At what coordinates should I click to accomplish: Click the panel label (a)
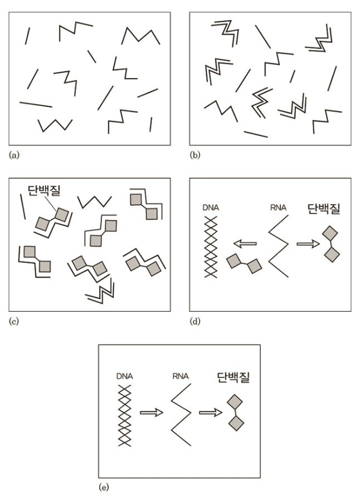(x=14, y=155)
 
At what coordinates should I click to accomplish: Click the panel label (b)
(x=195, y=155)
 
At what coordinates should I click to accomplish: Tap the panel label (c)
(x=14, y=321)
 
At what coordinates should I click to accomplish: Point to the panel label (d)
(x=195, y=321)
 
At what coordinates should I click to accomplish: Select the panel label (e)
(x=104, y=487)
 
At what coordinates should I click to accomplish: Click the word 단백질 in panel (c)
(x=44, y=191)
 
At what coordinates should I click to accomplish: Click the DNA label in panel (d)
(x=211, y=208)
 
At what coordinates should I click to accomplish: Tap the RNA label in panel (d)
(x=278, y=208)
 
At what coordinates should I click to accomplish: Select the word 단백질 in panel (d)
(x=324, y=209)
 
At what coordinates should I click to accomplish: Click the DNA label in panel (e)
(x=125, y=376)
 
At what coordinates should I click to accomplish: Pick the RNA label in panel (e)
(x=181, y=376)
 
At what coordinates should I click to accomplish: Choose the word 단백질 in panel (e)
(x=233, y=377)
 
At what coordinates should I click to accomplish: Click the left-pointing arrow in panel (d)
(x=245, y=244)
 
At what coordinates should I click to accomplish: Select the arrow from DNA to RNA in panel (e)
(x=152, y=412)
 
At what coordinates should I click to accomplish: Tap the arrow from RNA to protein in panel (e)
(x=211, y=412)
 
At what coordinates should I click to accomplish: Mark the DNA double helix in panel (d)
(x=211, y=247)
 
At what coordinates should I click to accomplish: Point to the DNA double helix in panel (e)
(x=125, y=415)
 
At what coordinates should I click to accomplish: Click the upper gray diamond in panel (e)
(x=235, y=401)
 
